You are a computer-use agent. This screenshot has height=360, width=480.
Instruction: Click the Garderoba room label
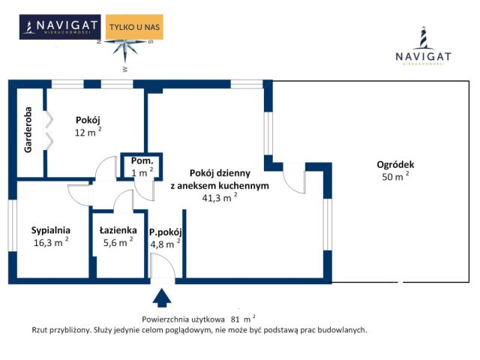point(28,133)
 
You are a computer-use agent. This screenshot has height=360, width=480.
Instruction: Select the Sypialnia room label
point(51,230)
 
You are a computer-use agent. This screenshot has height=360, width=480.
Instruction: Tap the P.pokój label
point(166,232)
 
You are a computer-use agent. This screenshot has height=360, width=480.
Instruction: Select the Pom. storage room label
point(142,161)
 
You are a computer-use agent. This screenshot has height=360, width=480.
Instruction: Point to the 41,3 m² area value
point(219,198)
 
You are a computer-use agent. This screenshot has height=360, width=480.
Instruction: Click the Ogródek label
point(396,165)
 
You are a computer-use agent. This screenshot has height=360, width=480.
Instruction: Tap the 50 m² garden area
point(395,177)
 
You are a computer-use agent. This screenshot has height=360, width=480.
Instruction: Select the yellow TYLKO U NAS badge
point(135,28)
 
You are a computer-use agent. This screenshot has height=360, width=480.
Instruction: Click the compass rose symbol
point(125,47)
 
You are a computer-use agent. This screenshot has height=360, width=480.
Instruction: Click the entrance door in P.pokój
point(162,268)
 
